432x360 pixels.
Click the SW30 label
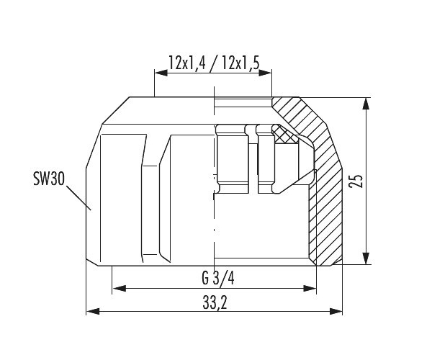pyautogui.click(x=49, y=179)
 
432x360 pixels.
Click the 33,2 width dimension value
pyautogui.click(x=215, y=303)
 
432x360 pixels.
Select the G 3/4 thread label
pyautogui.click(x=218, y=279)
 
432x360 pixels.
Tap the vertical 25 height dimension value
pyautogui.click(x=356, y=181)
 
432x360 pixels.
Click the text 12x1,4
pyautogui.click(x=187, y=63)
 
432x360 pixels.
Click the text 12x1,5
pyautogui.click(x=240, y=63)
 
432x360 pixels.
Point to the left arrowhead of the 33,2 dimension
pyautogui.click(x=93, y=312)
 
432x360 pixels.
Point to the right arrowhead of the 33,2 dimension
pyautogui.click(x=336, y=312)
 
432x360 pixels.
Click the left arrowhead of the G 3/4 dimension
pyautogui.click(x=120, y=289)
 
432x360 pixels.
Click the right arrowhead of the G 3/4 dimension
pyautogui.click(x=310, y=289)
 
